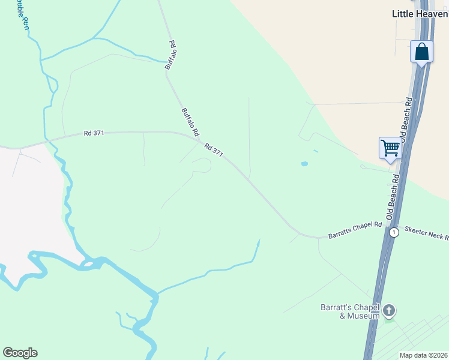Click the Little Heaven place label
tap(420, 13)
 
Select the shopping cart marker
tap(390, 147)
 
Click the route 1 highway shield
tap(393, 232)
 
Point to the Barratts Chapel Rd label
tap(355, 230)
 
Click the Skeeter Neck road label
tap(426, 233)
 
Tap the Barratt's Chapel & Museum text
tap(350, 311)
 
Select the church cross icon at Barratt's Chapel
tap(389, 310)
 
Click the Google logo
tap(20, 352)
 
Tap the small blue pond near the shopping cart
tap(304, 163)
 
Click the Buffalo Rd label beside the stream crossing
tap(170, 55)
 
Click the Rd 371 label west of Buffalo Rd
tap(95, 133)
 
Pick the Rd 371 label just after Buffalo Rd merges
tap(214, 150)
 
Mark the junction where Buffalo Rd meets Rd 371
tap(198, 139)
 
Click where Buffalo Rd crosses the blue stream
tap(167, 62)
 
